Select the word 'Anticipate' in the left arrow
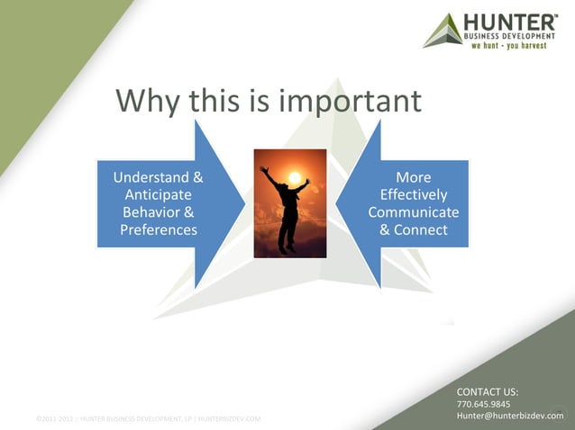click(x=158, y=194)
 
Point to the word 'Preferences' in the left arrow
click(x=159, y=229)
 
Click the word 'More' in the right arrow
click(x=413, y=177)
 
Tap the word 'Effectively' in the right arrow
click(x=414, y=194)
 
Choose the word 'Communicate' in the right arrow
click(x=414, y=212)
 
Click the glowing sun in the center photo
click(x=293, y=177)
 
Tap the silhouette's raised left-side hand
click(x=263, y=168)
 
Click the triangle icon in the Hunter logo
click(x=443, y=31)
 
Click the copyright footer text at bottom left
click(x=148, y=419)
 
